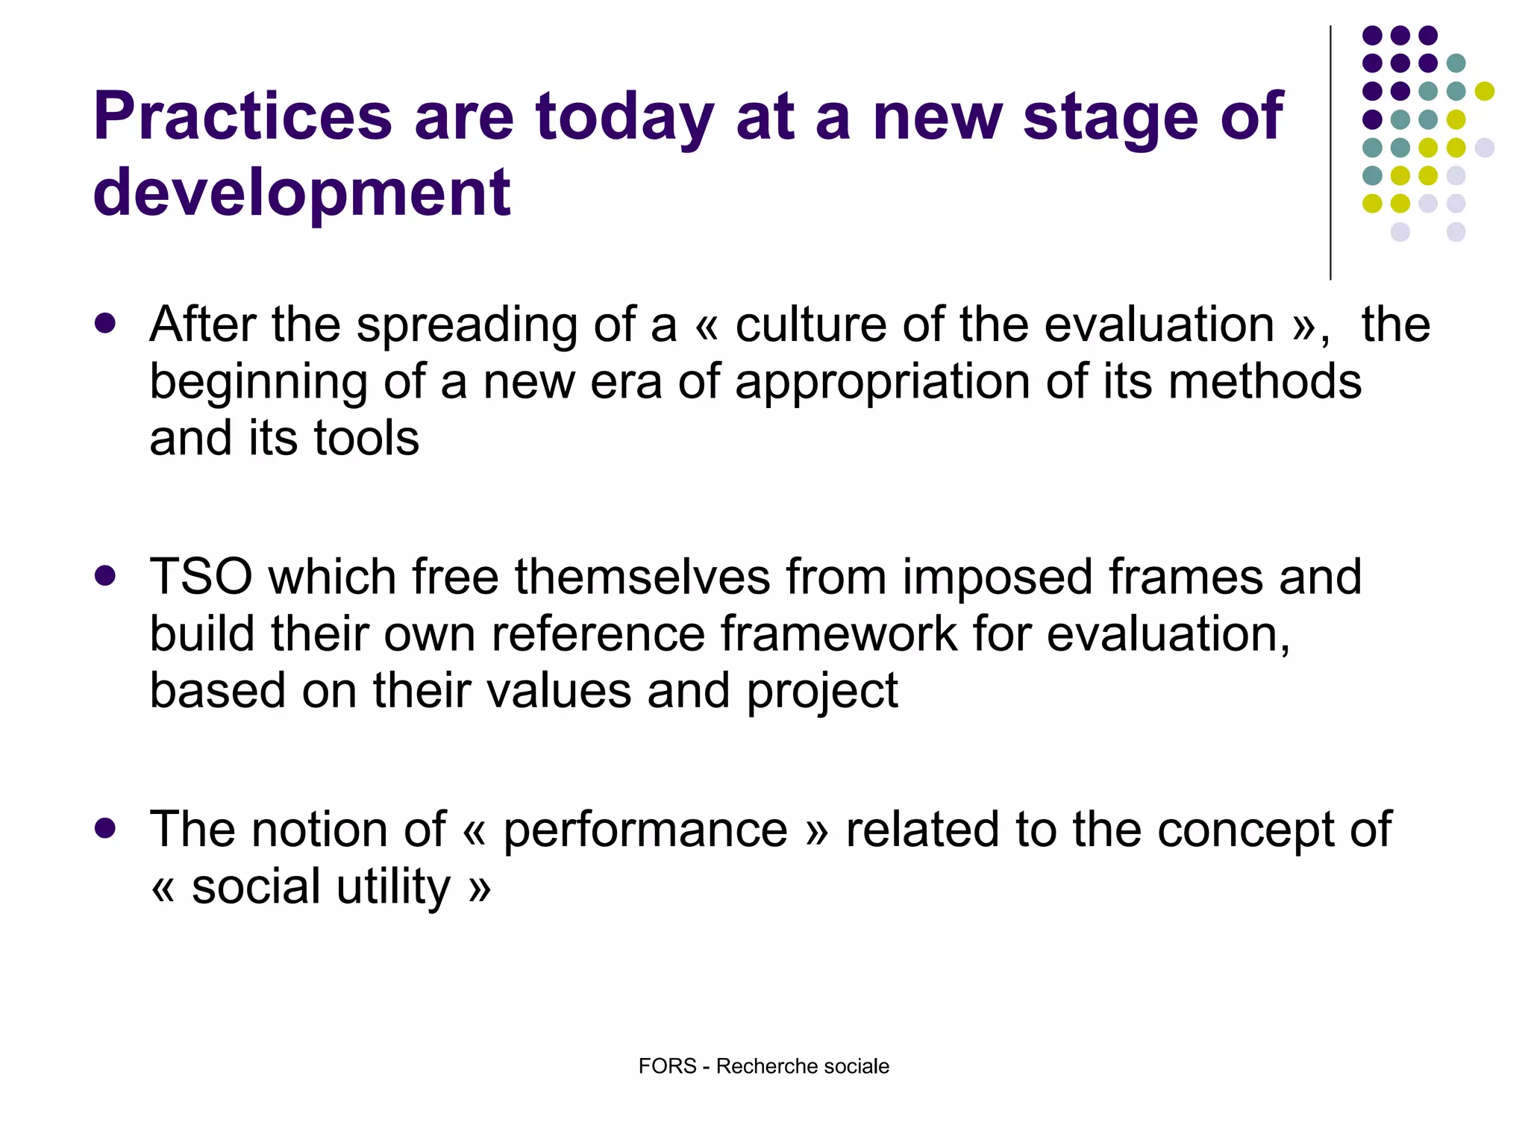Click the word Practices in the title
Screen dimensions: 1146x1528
pos(242,117)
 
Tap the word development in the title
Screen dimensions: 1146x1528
pos(301,192)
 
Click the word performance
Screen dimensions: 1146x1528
pos(645,830)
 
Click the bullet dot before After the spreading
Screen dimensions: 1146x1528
pos(105,324)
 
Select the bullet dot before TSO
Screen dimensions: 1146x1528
pos(105,576)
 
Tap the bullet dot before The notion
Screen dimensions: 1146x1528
pos(105,828)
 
